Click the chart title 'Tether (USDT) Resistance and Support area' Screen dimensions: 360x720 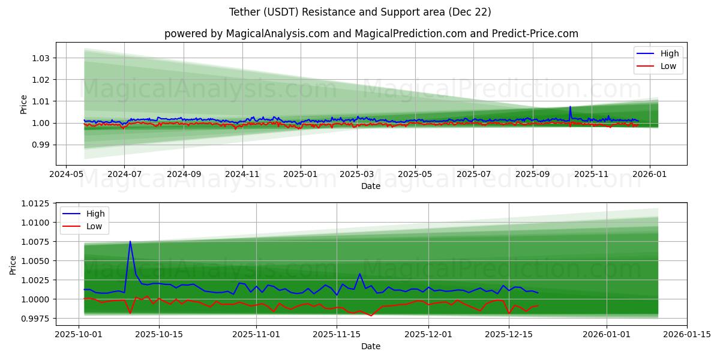(360, 12)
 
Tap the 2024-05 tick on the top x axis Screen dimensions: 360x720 (65, 173)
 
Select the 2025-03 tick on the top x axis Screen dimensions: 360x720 (357, 173)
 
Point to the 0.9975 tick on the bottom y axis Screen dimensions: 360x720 (36, 318)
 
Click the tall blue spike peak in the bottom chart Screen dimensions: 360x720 (130, 242)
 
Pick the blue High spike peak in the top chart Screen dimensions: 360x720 (570, 107)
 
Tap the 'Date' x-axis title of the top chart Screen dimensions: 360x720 (370, 186)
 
